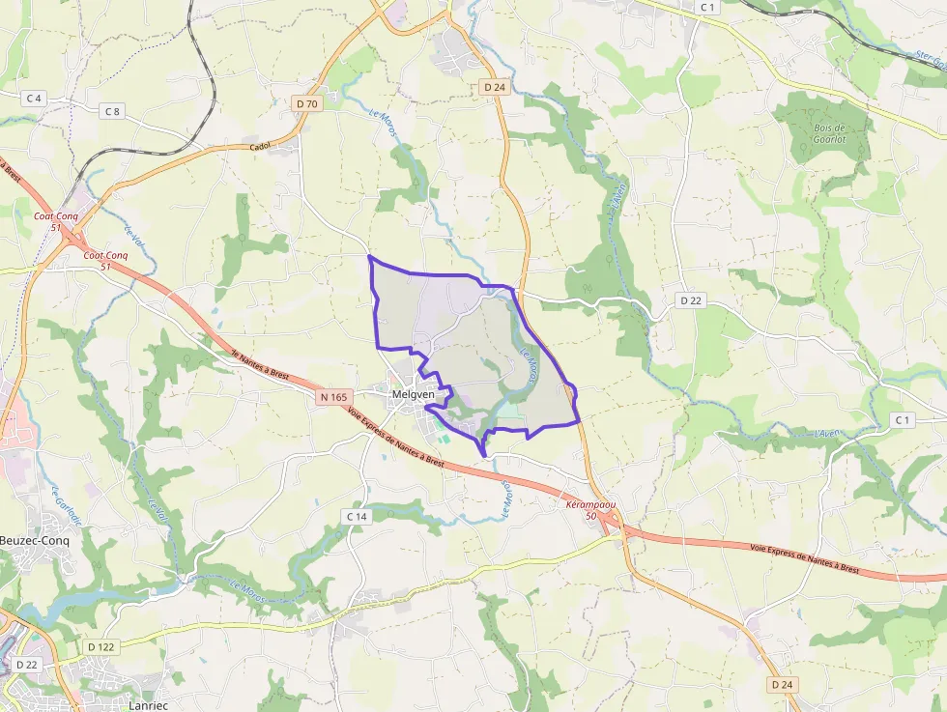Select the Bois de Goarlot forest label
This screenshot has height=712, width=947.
pyautogui.click(x=829, y=133)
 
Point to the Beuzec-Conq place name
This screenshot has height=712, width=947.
pyautogui.click(x=35, y=541)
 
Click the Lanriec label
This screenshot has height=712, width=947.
pyautogui.click(x=148, y=705)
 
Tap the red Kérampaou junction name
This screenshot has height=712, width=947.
pyautogui.click(x=591, y=505)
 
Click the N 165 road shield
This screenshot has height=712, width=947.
pyautogui.click(x=333, y=397)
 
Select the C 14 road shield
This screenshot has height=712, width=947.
pyautogui.click(x=358, y=517)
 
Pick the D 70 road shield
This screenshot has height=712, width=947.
pyautogui.click(x=307, y=103)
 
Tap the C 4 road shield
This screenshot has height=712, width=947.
pyautogui.click(x=35, y=99)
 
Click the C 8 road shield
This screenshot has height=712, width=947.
pyautogui.click(x=113, y=111)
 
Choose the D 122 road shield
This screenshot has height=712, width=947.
pyautogui.click(x=100, y=646)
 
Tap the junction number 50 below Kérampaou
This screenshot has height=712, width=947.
pyautogui.click(x=591, y=517)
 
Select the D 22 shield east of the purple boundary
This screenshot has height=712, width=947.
pyautogui.click(x=690, y=300)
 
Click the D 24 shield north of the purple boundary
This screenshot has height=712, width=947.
pyautogui.click(x=494, y=87)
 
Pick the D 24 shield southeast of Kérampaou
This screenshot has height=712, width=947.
pyautogui.click(x=782, y=684)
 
